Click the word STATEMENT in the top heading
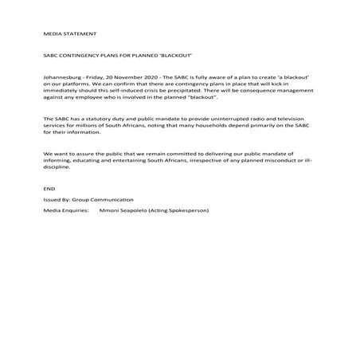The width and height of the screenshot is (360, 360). [81, 35]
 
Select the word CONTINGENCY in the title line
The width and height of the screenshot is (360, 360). [80, 58]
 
